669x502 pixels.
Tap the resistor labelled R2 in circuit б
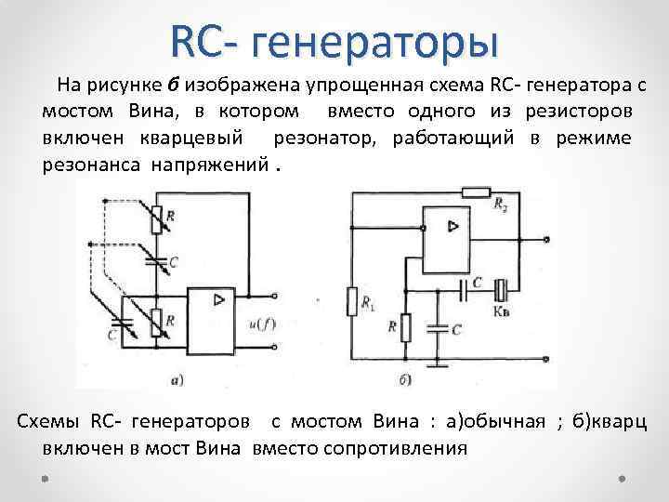pyautogui.click(x=475, y=192)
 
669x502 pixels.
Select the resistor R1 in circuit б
pyautogui.click(x=351, y=301)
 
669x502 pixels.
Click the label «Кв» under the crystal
pyautogui.click(x=502, y=310)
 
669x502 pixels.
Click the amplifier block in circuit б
pyautogui.click(x=448, y=239)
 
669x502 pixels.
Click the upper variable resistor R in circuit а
pyautogui.click(x=156, y=216)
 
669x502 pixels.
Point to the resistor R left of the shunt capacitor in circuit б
pyautogui.click(x=404, y=327)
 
